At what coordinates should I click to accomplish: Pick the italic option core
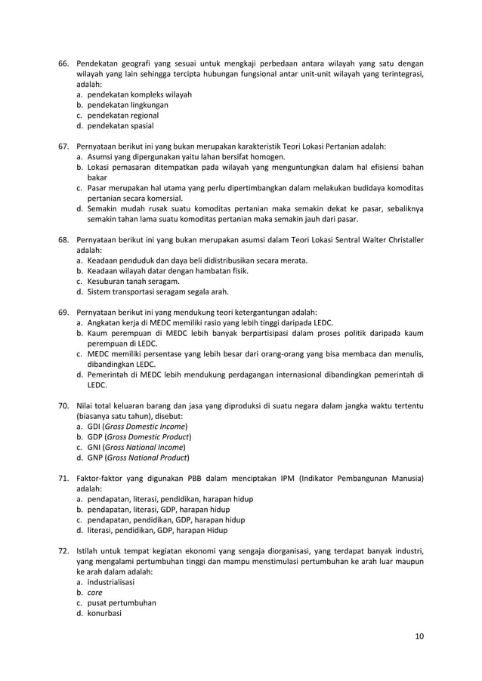[94, 592]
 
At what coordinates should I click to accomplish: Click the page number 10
[419, 636]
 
